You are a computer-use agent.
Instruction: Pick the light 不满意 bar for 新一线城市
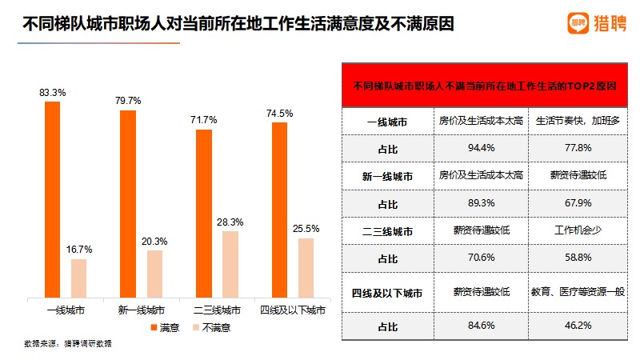tap(154, 274)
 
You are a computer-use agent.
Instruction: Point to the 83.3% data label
tap(53, 93)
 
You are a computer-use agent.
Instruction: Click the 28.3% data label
tap(230, 222)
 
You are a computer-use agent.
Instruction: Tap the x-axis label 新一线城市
tap(142, 310)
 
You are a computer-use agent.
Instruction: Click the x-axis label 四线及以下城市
tap(293, 310)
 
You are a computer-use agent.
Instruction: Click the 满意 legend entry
tap(164, 327)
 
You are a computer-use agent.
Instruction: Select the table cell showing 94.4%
tap(481, 148)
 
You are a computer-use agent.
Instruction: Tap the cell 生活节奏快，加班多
tap(578, 122)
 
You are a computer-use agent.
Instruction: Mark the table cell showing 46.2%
tap(578, 326)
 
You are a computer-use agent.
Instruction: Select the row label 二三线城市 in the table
tap(387, 231)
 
